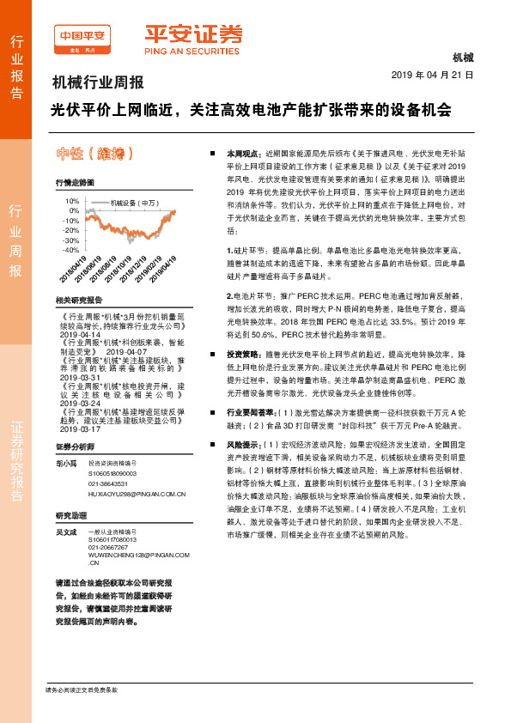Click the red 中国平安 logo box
[82, 37]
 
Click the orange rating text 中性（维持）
[94, 155]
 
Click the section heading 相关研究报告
[78, 301]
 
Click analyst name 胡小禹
[65, 464]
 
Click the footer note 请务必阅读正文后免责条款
[81, 690]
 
